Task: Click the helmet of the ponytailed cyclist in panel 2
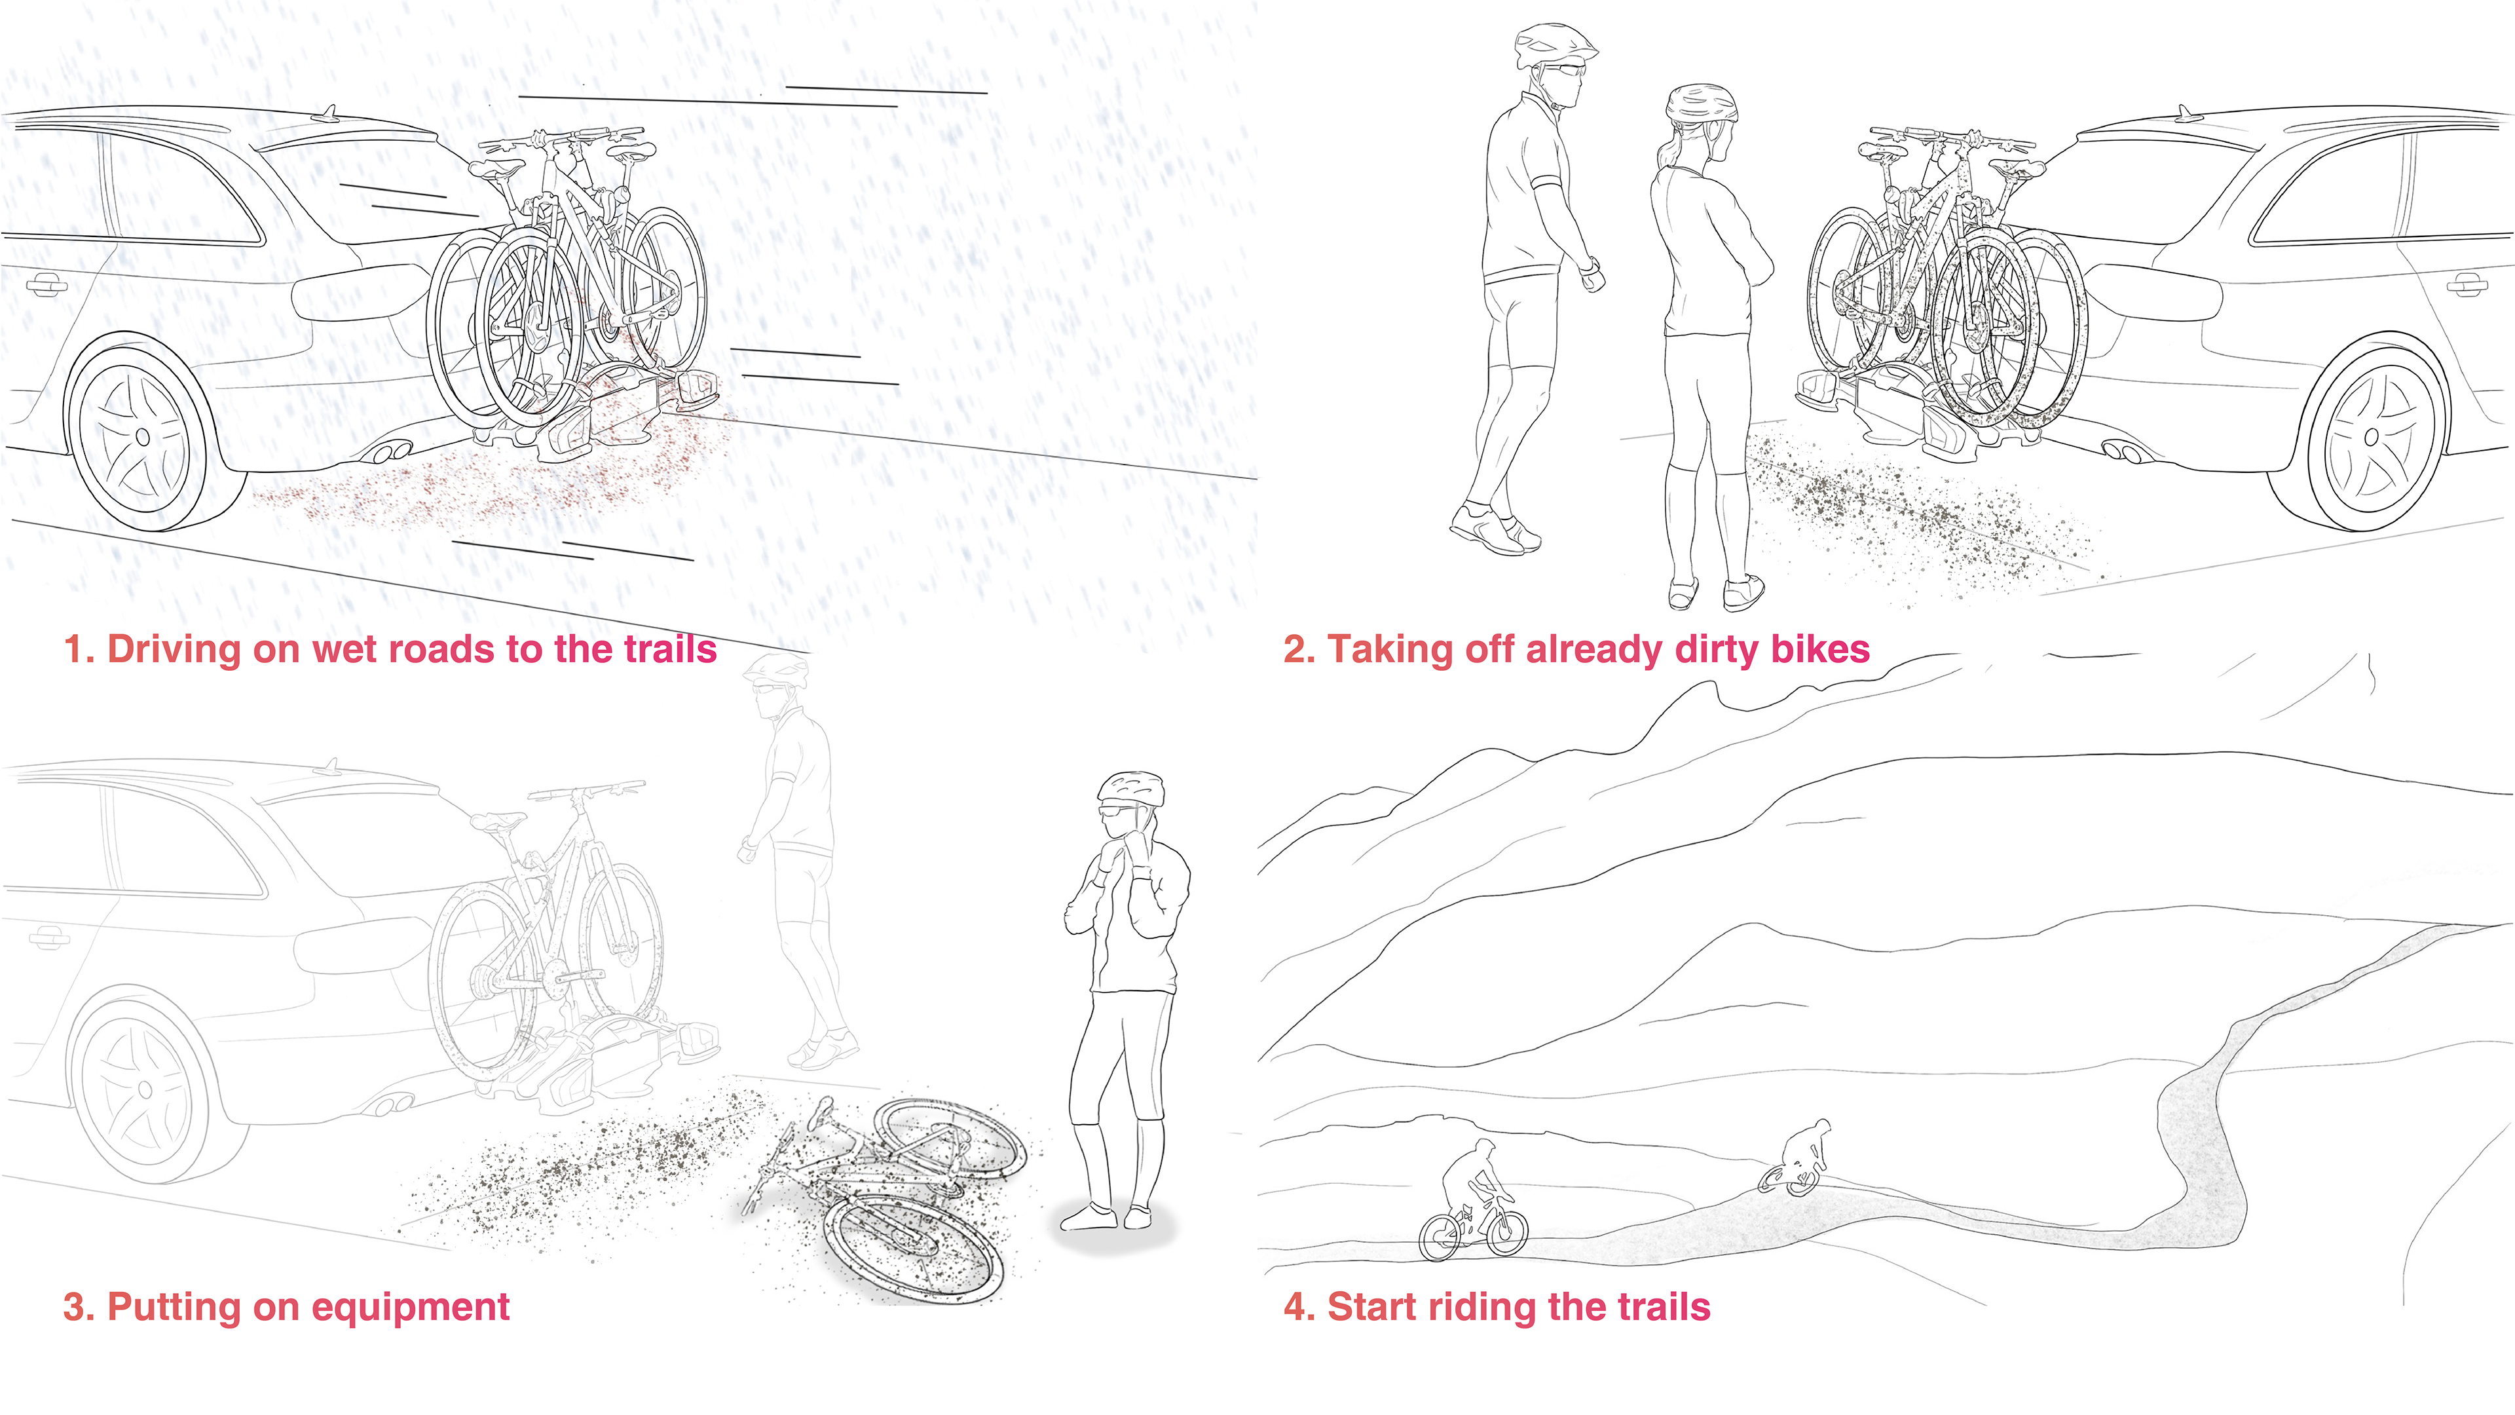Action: [1702, 104]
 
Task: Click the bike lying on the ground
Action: [884, 1196]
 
